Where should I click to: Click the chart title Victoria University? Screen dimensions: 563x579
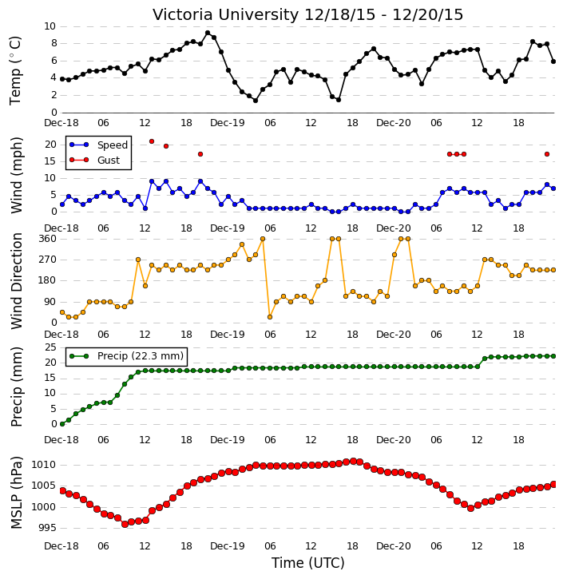225,15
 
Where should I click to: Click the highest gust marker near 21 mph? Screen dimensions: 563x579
152,141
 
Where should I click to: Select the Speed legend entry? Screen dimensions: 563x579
98,145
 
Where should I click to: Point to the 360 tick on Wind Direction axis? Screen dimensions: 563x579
47,239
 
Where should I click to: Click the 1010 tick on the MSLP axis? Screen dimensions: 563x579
44,465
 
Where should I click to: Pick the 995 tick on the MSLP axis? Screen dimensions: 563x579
47,528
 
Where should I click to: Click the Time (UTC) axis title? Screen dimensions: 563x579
308,563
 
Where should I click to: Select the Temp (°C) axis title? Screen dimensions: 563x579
15,70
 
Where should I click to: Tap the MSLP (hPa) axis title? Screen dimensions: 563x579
16,493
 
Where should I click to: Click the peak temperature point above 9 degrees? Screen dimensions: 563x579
208,33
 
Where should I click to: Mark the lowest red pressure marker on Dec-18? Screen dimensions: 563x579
125,524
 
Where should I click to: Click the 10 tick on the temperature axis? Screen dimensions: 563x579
50,26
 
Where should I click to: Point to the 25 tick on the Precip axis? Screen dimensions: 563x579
50,347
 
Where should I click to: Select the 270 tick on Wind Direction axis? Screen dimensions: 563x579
47,260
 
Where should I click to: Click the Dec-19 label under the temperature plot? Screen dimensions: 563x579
227,123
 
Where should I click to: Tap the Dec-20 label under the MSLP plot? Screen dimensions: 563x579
393,546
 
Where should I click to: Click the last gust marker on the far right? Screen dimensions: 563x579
547,154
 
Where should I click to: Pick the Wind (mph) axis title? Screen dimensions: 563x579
16,175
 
